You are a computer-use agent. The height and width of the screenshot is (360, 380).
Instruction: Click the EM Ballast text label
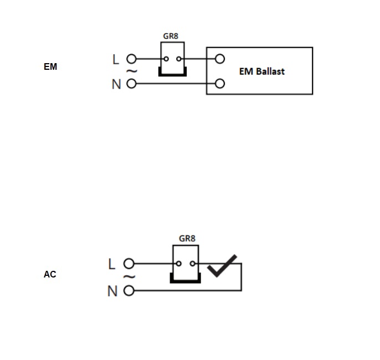coord(261,71)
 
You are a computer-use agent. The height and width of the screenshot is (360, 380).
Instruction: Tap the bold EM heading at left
coord(50,66)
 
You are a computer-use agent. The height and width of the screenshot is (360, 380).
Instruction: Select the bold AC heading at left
coord(50,274)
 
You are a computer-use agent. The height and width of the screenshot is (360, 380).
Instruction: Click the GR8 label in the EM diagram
coord(171,36)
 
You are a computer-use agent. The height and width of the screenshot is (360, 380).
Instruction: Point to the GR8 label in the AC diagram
coord(187,238)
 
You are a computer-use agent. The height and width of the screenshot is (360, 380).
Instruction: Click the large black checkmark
coord(222,266)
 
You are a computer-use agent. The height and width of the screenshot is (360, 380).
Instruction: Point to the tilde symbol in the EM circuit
coord(132,71)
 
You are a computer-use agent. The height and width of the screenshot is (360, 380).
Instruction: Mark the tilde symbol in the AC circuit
coord(130,276)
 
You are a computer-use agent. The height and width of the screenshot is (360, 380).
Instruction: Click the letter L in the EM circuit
coord(116,59)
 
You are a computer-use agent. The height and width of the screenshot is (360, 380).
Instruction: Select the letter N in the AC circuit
coord(112,291)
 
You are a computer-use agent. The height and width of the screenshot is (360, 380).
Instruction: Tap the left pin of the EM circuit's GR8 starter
coord(166,59)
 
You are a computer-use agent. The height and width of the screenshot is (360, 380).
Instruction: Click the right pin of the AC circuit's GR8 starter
coord(193,264)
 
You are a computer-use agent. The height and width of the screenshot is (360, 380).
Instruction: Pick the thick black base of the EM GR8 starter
coord(173,75)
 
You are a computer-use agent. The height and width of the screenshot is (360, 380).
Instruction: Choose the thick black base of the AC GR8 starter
coord(186,281)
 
